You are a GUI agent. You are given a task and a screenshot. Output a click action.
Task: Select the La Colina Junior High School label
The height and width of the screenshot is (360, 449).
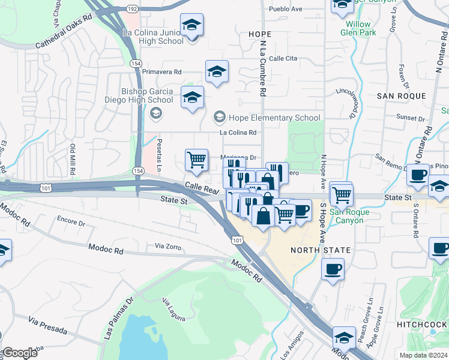click(x=153, y=37)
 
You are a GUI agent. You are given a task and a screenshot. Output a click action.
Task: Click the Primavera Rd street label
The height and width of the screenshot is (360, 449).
click(x=161, y=71)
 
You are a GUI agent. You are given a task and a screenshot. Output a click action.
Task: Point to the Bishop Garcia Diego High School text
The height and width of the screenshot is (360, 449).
click(x=147, y=95)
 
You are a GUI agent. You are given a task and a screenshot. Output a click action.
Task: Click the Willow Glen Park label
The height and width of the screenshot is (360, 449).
click(x=361, y=28)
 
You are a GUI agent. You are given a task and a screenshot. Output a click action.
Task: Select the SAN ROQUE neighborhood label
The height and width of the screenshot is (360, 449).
click(x=401, y=96)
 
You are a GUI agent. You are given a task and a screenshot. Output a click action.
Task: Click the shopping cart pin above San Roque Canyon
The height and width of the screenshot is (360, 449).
click(x=341, y=193)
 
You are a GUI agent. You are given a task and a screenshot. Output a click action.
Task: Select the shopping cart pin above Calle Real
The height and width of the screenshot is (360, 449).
click(x=196, y=160)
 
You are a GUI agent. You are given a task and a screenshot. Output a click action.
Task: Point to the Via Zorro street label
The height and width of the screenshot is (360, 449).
click(x=167, y=246)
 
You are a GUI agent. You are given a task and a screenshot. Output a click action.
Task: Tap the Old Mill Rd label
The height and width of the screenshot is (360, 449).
click(x=73, y=159)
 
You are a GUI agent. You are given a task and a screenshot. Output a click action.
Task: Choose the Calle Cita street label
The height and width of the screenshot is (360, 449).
click(x=283, y=58)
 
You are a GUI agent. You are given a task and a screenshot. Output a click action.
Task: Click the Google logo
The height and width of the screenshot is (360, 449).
click(x=20, y=353)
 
